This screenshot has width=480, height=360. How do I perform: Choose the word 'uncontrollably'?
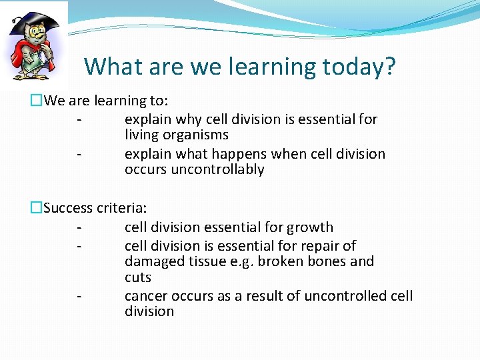point(217,170)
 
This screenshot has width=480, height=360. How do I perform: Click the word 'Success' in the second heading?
point(68,208)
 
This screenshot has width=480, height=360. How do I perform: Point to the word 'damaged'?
point(153,261)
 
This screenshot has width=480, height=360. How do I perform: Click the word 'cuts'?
point(138,277)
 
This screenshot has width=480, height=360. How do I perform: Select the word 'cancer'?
point(146,296)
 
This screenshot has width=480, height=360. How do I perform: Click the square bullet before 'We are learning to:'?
point(36,101)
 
